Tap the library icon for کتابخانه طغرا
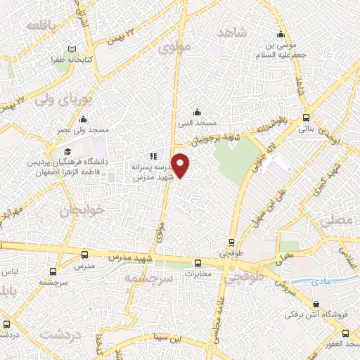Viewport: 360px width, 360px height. point(71,50)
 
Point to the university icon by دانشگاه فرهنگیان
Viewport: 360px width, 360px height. point(67,151)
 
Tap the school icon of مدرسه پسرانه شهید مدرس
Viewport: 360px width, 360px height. point(153,156)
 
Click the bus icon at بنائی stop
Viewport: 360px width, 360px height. point(304,118)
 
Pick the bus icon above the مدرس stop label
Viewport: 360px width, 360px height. point(84,255)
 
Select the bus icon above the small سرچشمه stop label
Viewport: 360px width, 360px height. point(54,270)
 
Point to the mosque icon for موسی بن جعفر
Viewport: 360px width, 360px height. point(281,36)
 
